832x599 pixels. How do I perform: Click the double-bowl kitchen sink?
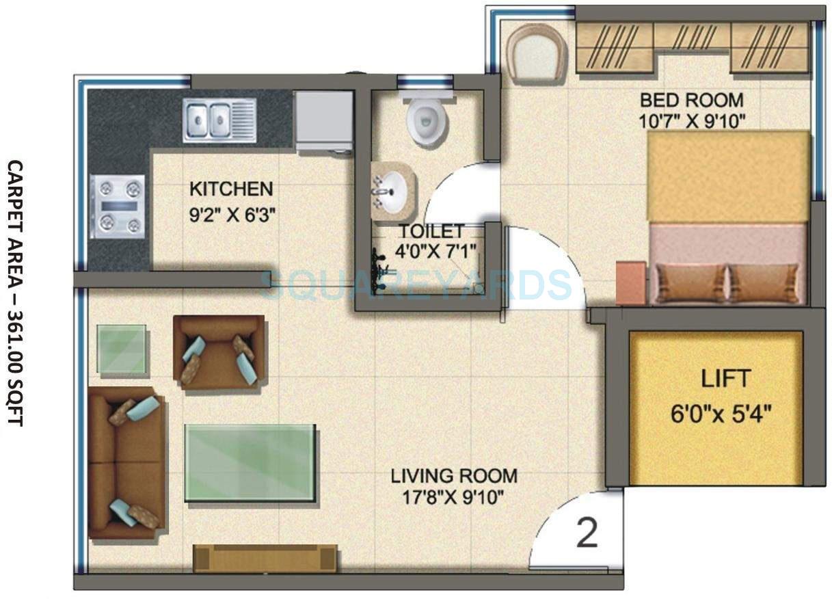[219, 120]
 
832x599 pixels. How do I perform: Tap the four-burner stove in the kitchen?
[117, 207]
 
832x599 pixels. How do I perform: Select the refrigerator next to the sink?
[323, 120]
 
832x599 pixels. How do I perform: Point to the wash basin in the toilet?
[393, 191]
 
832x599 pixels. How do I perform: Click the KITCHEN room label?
[231, 189]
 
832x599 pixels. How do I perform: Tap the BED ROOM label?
[691, 100]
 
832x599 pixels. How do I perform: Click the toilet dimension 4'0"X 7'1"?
[436, 251]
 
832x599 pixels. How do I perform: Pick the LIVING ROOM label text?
[454, 475]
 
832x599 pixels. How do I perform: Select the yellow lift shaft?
[716, 408]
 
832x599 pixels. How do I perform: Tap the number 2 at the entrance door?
[587, 534]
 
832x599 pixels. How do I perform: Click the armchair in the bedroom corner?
[537, 53]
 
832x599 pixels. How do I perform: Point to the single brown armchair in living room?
[219, 351]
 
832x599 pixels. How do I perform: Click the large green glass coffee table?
[250, 463]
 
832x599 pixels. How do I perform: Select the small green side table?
[122, 349]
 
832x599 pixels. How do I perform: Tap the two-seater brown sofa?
[126, 463]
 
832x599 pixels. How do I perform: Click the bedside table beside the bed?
[630, 282]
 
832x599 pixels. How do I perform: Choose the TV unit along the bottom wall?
[265, 558]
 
